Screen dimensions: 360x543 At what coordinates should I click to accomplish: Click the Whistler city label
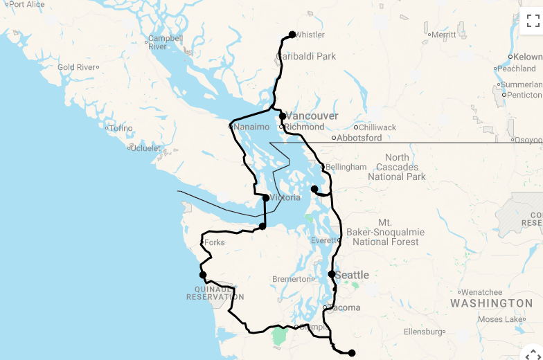[x=310, y=35]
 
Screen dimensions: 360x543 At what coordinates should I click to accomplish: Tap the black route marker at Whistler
[x=292, y=35]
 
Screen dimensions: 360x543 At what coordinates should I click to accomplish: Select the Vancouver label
[x=312, y=116]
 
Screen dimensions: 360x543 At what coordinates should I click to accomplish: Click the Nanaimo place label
[x=250, y=127]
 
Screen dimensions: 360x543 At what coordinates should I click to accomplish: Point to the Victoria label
[x=285, y=197]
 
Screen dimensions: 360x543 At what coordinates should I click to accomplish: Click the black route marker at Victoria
[x=266, y=198]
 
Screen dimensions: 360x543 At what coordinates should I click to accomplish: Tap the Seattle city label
[x=352, y=275]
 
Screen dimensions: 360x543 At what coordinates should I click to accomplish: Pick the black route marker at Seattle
[x=332, y=274]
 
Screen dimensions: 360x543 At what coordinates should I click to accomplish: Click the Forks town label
[x=215, y=242]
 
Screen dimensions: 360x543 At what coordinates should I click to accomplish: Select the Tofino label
[x=121, y=128]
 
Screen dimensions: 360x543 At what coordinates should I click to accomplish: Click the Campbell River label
[x=165, y=42]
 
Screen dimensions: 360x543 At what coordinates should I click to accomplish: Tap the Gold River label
[x=76, y=67]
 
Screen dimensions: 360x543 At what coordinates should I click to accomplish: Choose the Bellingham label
[x=346, y=167]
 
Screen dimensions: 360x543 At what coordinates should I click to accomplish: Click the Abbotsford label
[x=359, y=138]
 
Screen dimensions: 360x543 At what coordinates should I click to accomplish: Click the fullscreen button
[x=533, y=20]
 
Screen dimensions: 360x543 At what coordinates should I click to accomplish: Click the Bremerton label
[x=291, y=279]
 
